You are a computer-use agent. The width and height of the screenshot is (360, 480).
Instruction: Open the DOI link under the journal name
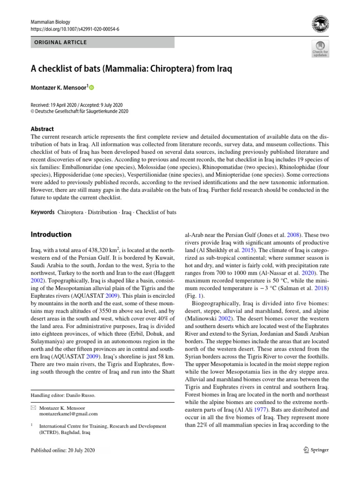75,29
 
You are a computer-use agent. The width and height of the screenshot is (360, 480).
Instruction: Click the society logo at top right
320,23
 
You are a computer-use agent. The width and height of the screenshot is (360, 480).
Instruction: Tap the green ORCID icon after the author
91,88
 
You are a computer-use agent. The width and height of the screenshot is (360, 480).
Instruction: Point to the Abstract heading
42,129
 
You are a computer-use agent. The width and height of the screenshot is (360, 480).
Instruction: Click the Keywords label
42,212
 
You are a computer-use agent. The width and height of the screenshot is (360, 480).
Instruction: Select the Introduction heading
51,234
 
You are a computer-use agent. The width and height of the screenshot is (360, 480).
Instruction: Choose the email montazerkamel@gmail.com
68,414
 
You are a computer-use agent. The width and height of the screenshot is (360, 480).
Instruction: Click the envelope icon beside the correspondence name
32,408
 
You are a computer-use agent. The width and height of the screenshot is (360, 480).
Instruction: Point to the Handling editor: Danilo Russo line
62,395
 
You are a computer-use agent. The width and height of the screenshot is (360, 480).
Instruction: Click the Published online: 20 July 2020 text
62,450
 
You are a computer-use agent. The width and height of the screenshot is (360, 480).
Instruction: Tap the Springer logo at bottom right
316,450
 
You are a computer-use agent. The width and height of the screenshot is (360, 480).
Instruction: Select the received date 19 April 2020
69,105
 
